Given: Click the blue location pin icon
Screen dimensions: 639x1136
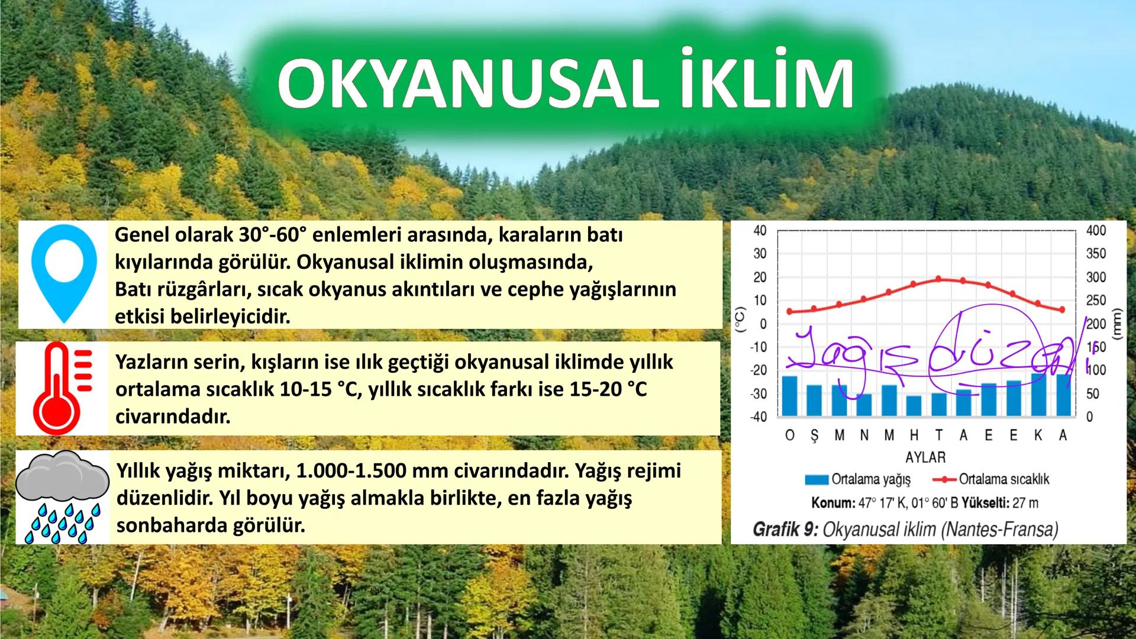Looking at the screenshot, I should [x=63, y=274].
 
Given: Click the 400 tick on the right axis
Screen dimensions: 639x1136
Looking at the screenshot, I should [x=1096, y=231].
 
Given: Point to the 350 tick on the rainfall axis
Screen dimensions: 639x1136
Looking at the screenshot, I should [x=1096, y=254].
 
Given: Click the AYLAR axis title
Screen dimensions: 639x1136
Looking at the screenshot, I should [x=926, y=457].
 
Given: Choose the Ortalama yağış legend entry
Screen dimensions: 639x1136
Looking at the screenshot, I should [x=857, y=479].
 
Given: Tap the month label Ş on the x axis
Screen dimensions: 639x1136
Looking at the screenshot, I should [x=815, y=435].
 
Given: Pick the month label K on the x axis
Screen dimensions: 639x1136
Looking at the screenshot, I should [x=1038, y=435].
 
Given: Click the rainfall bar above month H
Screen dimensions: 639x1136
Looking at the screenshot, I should [x=914, y=406].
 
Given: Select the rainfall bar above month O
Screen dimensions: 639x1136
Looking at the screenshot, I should [x=790, y=396].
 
